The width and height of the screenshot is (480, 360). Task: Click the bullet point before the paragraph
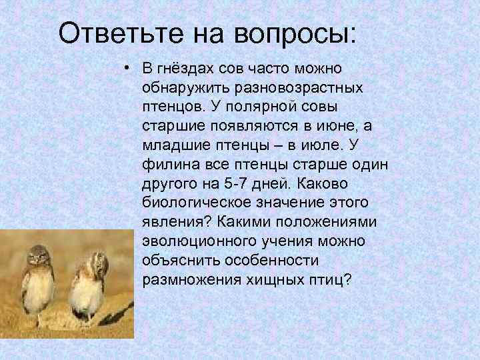(125, 69)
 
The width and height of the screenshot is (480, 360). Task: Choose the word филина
(164, 164)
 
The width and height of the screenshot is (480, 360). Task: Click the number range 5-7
(232, 183)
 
